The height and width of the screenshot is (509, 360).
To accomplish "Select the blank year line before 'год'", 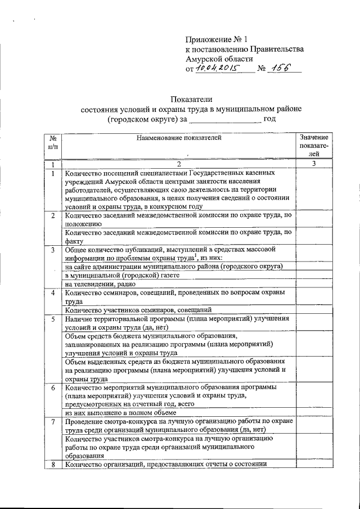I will [x=224, y=120].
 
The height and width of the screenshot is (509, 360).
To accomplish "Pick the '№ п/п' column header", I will [x=52, y=142].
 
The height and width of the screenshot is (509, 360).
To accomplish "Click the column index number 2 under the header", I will [x=178, y=165].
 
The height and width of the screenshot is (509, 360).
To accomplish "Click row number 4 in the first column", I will [x=52, y=293].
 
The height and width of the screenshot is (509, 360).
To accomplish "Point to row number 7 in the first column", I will [x=52, y=422].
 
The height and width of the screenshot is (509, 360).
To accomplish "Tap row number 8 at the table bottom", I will [x=52, y=464].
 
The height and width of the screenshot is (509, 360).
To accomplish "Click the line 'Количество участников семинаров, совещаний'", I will [x=138, y=309].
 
